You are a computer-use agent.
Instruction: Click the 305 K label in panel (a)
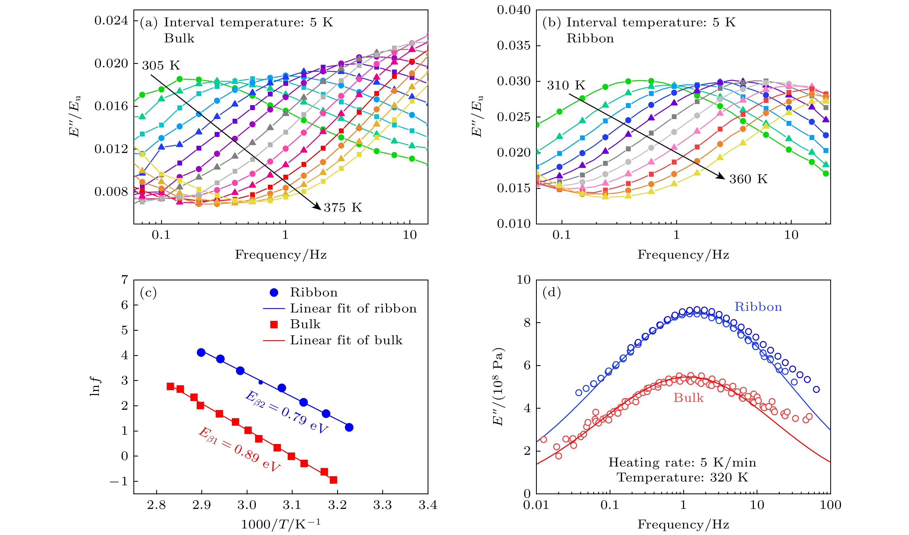[x=161, y=66]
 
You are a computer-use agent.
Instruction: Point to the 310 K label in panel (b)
[x=566, y=86]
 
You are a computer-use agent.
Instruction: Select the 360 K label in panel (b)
[x=748, y=179]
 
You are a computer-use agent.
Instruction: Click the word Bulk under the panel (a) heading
[x=179, y=39]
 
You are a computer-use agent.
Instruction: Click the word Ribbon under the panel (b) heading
[x=590, y=39]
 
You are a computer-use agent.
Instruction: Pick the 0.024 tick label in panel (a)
[x=111, y=21]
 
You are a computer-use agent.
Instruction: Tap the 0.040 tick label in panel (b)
[x=514, y=10]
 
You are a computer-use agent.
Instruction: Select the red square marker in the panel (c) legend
[x=274, y=324]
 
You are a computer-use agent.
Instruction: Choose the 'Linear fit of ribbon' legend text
[x=353, y=308]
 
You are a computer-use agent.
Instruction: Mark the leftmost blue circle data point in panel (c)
[x=201, y=352]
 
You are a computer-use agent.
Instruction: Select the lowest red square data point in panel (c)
[x=333, y=480]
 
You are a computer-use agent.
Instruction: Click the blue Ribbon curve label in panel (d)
[x=758, y=307]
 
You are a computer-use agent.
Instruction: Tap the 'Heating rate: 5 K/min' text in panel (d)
[x=682, y=462]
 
